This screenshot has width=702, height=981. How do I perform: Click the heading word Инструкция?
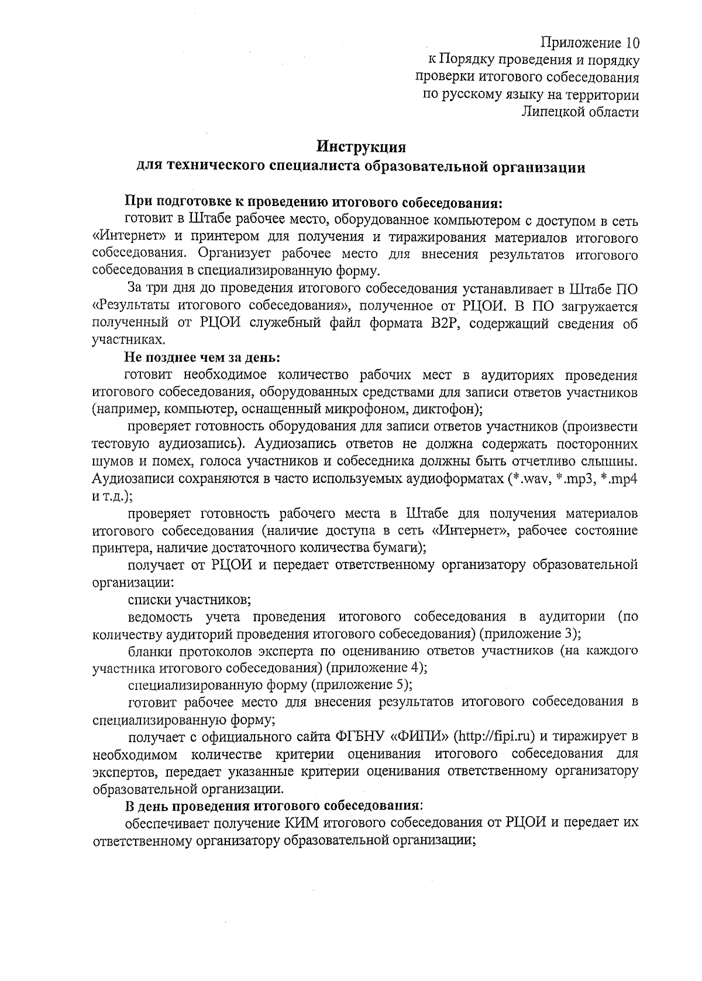tap(360, 145)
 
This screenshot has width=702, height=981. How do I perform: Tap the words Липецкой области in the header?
tap(579, 112)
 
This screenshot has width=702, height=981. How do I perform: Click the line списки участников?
tap(190, 599)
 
